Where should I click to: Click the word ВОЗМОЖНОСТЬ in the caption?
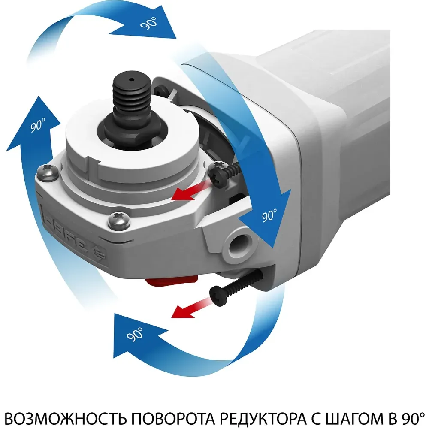(66, 418)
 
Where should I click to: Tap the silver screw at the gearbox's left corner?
(48, 173)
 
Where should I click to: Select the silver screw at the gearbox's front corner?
(119, 220)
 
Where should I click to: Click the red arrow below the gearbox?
(191, 307)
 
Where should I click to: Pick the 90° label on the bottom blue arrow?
(135, 334)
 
